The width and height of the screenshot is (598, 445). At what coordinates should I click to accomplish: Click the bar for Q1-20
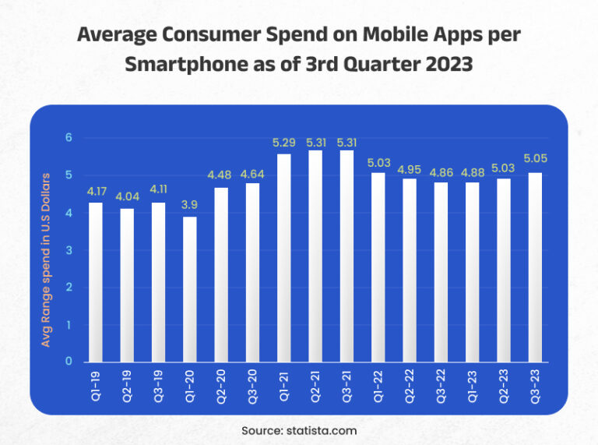click(x=190, y=289)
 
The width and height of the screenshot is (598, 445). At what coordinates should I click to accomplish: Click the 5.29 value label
click(x=283, y=143)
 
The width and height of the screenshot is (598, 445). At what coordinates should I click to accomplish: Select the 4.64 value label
click(x=252, y=173)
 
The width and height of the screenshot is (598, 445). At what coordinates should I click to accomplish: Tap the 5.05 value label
click(x=535, y=159)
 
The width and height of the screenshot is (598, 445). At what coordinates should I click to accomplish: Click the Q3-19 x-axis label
click(x=159, y=384)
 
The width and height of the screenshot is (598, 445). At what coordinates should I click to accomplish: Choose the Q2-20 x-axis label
click(x=221, y=384)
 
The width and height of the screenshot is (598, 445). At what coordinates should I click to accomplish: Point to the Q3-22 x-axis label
click(x=441, y=384)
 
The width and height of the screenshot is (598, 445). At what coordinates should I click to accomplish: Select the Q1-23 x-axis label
click(x=473, y=384)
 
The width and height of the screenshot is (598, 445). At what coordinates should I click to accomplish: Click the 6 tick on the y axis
click(x=68, y=138)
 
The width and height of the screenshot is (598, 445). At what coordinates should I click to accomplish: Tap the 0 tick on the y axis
click(x=68, y=362)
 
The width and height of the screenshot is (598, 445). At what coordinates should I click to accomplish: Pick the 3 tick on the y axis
click(x=68, y=250)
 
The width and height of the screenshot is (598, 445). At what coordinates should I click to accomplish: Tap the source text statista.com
click(x=321, y=429)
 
